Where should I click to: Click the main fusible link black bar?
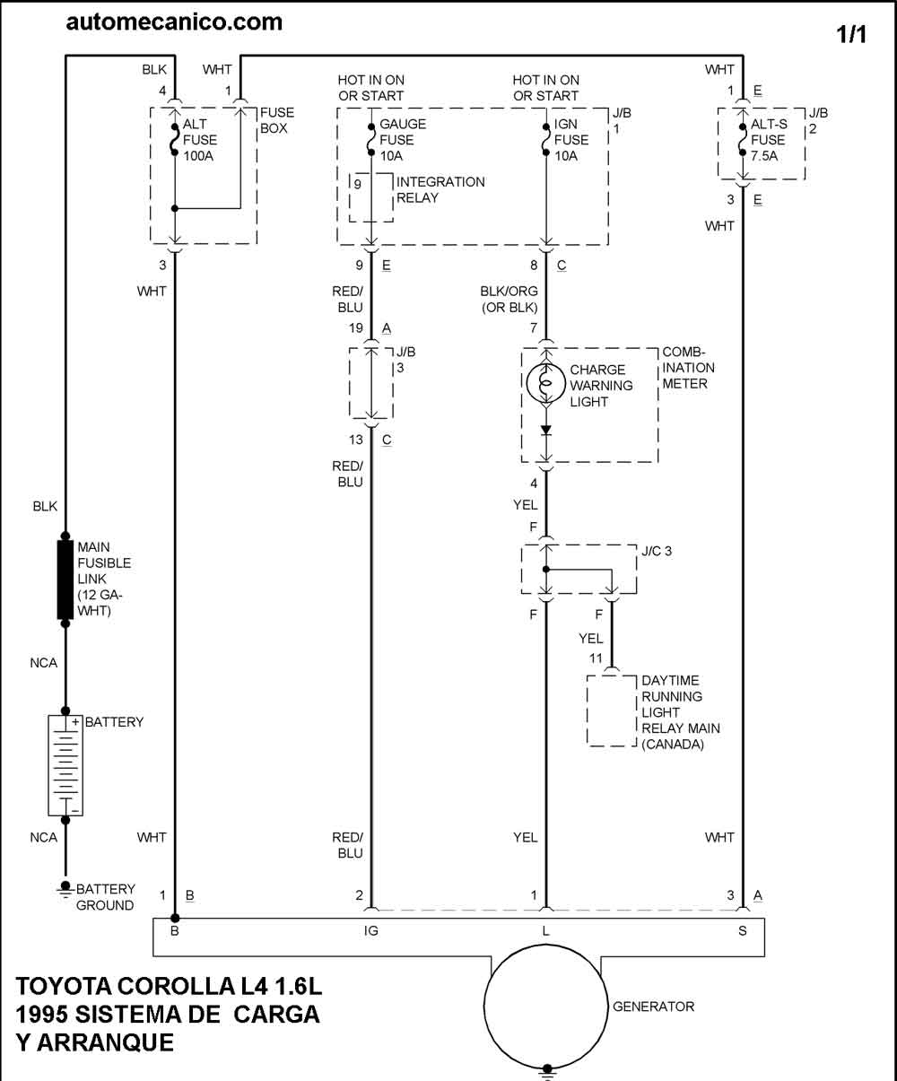tap(65, 580)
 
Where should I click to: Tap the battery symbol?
tap(65, 765)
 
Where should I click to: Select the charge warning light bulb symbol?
tap(545, 384)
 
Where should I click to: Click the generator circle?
tap(545, 1007)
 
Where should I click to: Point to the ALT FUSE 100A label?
tap(200, 140)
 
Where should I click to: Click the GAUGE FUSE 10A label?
tap(403, 140)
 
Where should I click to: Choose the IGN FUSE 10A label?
tap(570, 140)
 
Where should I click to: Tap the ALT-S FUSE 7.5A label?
tap(769, 140)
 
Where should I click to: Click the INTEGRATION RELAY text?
tap(440, 190)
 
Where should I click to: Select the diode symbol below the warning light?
tap(545, 431)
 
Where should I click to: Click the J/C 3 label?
tap(657, 551)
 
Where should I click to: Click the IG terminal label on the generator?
tap(371, 931)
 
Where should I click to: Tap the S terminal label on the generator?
tap(742, 931)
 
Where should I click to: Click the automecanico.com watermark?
tap(174, 22)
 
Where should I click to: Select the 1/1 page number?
tap(851, 34)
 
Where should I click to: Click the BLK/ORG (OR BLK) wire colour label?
tap(509, 300)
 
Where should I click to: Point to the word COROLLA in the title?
tap(176, 986)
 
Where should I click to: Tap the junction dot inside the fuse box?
tap(174, 209)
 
